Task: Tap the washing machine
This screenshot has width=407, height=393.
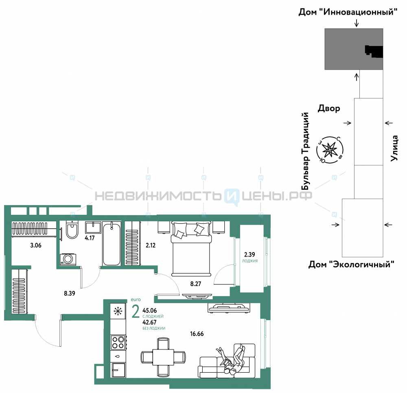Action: (x=68, y=260)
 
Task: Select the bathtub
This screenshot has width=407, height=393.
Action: (x=112, y=244)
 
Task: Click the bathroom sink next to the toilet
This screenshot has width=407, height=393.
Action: (x=93, y=227)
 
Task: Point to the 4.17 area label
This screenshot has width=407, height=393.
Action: (x=90, y=238)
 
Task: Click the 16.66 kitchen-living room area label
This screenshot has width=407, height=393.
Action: (x=197, y=334)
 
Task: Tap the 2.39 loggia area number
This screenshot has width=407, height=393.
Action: (x=249, y=255)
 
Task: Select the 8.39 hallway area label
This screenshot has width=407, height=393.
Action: (x=70, y=293)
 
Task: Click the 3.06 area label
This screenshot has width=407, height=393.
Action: (x=36, y=245)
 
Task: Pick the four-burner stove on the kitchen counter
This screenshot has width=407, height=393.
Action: (x=118, y=343)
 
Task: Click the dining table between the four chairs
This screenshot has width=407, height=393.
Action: (x=163, y=357)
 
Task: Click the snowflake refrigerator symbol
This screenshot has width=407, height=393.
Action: (x=118, y=311)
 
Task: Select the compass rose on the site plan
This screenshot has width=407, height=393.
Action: (x=330, y=150)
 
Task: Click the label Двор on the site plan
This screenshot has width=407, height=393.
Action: (x=329, y=109)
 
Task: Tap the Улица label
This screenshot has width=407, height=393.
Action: (x=394, y=148)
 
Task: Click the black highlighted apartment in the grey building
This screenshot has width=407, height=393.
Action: (x=374, y=51)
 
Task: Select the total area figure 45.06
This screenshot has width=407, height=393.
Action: (x=149, y=310)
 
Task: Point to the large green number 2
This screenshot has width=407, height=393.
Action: (x=136, y=312)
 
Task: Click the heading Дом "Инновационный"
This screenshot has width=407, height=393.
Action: (x=348, y=12)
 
